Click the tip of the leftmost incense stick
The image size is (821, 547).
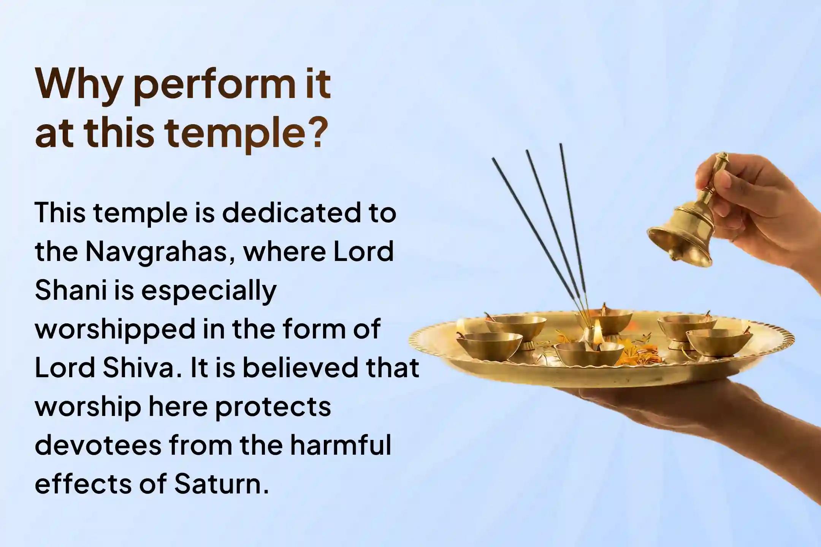pyautogui.click(x=494, y=160)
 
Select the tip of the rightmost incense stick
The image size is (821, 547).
pyautogui.click(x=560, y=145)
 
